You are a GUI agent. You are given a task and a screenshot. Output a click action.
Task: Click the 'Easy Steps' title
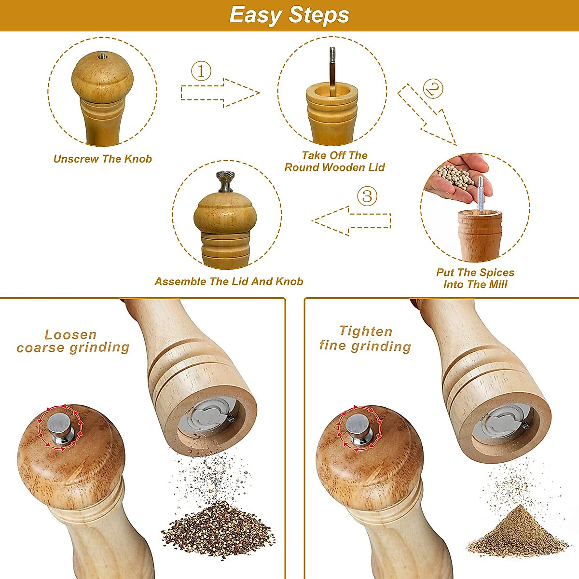pos(289,15)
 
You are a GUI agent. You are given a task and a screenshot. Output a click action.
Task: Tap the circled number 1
pos(201,71)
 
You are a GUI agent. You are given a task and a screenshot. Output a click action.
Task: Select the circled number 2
pos(433,89)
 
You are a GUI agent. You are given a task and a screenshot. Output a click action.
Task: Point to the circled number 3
pos(367,196)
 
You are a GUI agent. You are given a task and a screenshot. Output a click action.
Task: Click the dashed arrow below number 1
pos(220,93)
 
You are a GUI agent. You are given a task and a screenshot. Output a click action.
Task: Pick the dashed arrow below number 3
pos(351,221)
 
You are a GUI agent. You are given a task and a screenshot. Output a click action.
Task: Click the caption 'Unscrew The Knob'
pos(102,159)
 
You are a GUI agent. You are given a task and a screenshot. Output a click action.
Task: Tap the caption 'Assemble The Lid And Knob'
pos(229,281)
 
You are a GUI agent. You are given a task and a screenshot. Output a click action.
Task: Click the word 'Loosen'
pos(70,334)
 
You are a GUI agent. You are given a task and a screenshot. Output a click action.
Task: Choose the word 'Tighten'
pos(366,331)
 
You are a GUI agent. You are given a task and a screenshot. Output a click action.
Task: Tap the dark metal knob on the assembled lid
pos(225,181)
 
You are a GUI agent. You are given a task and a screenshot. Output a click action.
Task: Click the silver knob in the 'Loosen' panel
pos(61,428)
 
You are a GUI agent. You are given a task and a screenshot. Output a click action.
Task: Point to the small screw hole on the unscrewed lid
pos(103,55)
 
